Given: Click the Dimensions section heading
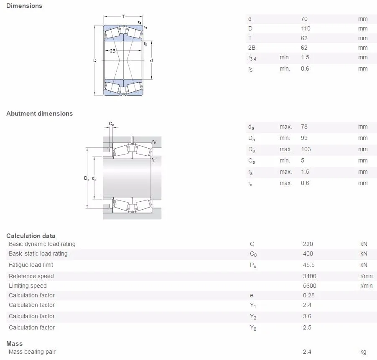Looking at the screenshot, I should (x=24, y=6).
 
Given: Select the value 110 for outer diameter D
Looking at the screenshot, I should (x=306, y=28).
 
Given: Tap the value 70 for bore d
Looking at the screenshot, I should (x=304, y=19).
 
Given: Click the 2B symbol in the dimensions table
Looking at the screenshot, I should (x=252, y=48).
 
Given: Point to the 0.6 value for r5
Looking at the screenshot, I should (x=305, y=68).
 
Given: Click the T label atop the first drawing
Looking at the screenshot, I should (x=123, y=16).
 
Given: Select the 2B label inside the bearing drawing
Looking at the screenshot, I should (x=113, y=51).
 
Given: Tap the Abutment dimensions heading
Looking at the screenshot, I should (x=39, y=114).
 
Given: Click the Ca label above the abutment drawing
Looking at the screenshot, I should (x=112, y=124).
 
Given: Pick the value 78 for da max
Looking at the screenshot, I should (x=304, y=127).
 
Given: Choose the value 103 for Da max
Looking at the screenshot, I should (x=306, y=149).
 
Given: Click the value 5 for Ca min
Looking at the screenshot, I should (x=303, y=160).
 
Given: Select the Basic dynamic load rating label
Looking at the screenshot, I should (x=42, y=244).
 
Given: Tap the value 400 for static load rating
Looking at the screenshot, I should (x=308, y=254).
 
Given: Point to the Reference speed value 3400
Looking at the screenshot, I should (x=309, y=276).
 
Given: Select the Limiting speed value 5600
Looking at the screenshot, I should (x=309, y=286).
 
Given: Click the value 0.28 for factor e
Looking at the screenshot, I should (x=308, y=295).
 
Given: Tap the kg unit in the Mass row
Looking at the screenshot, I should (x=363, y=352).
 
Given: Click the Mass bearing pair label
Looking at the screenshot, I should (x=32, y=352).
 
